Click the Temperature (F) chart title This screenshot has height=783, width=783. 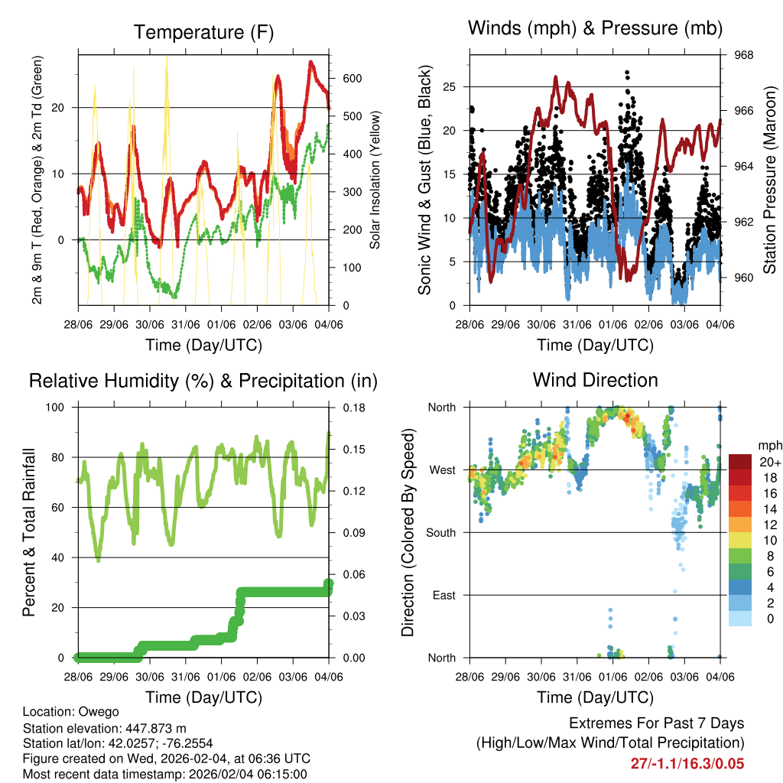(x=203, y=32)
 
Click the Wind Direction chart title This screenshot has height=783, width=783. (x=595, y=380)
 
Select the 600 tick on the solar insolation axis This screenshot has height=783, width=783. (x=353, y=79)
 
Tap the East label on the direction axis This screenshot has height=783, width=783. (x=443, y=595)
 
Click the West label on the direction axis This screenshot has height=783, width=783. (x=441, y=469)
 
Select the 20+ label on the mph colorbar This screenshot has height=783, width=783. (x=769, y=462)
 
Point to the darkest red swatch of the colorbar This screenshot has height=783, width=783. (x=741, y=462)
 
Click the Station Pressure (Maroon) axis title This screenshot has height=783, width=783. (x=770, y=180)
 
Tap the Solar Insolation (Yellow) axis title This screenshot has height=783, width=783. (x=375, y=180)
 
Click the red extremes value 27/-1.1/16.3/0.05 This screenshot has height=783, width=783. (x=687, y=763)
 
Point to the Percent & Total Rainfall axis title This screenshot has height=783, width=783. (x=29, y=532)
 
